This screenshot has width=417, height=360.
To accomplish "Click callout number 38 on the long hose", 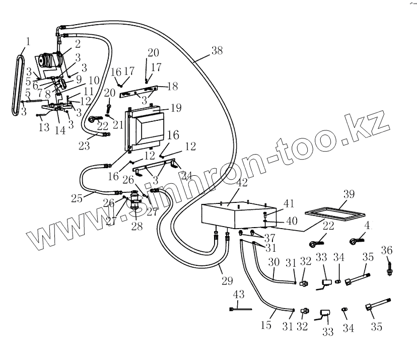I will click(217, 50).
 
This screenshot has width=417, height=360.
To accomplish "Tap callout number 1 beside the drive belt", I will click(28, 40).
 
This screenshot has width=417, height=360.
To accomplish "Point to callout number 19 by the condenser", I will click(176, 108).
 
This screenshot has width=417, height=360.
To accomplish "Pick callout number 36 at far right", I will click(386, 250).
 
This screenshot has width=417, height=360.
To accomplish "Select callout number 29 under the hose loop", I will click(227, 281).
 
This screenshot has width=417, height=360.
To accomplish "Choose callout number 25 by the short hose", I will click(77, 198).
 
